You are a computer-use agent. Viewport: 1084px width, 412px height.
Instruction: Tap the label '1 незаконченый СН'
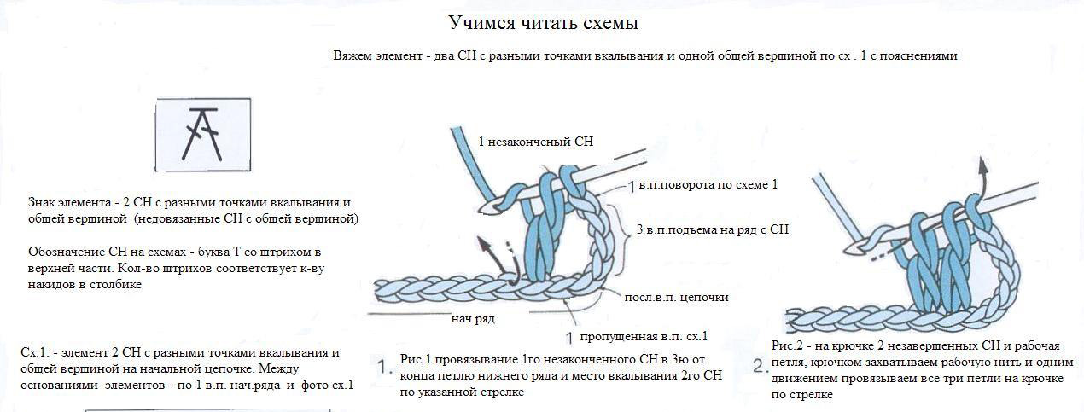click(535, 142)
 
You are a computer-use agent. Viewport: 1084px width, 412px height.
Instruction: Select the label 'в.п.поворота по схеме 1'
click(708, 184)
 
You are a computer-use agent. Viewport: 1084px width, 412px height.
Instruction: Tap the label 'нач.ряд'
click(475, 318)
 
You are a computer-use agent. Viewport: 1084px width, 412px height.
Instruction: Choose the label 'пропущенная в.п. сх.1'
click(644, 335)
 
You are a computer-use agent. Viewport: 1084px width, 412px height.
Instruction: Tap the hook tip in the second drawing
click(851, 247)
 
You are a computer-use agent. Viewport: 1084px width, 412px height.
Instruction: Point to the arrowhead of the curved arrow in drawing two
click(983, 165)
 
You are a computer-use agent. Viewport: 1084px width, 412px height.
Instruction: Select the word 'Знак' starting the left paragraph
click(43, 203)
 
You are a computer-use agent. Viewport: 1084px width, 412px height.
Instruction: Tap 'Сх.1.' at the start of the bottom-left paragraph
click(35, 353)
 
